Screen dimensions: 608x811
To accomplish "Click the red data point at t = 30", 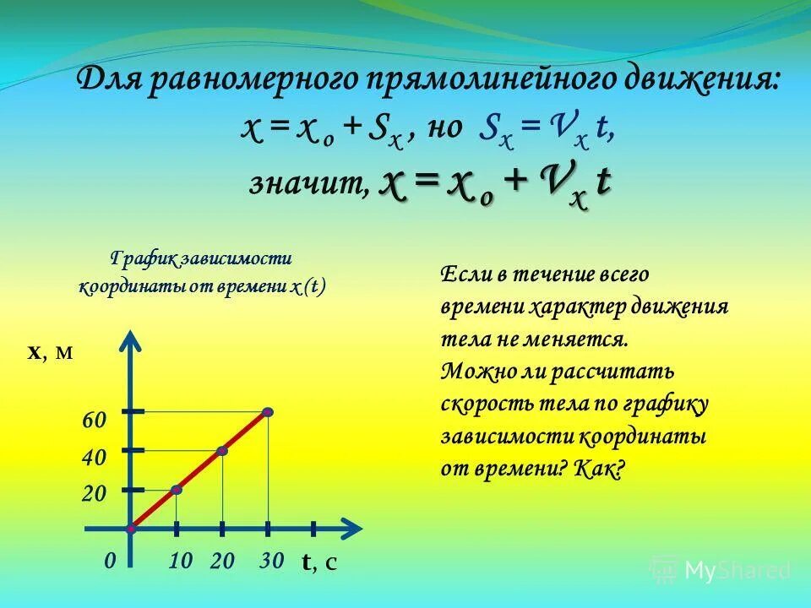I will [268, 412].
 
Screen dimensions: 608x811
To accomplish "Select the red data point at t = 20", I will [222, 451].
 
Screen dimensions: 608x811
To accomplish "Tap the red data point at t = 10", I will [177, 490].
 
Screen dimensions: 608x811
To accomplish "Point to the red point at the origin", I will [131, 529].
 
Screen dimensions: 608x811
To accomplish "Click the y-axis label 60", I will [94, 421].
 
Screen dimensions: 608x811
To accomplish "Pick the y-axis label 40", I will [94, 458].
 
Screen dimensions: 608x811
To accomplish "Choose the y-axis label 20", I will [94, 495].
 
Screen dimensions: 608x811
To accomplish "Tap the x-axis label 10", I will [181, 561].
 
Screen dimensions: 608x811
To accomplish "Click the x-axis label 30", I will [271, 561].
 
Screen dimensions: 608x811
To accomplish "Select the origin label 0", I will [110, 561].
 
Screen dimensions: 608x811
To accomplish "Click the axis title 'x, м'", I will [51, 353].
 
